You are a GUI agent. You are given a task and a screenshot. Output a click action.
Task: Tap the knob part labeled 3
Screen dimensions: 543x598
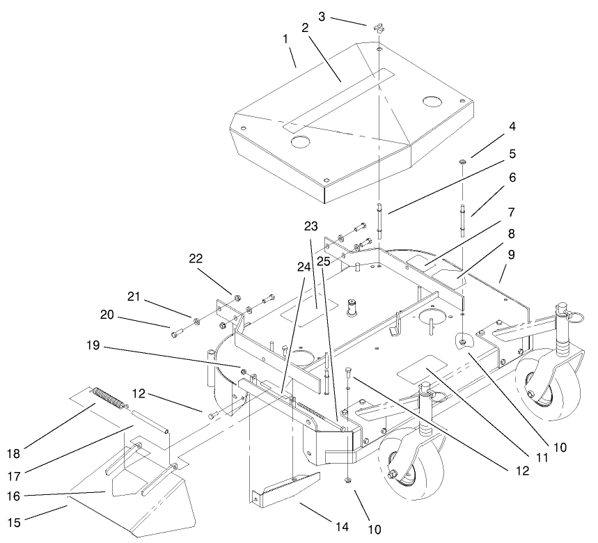point(378,29)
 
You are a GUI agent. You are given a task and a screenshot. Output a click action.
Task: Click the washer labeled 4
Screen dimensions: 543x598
point(462,163)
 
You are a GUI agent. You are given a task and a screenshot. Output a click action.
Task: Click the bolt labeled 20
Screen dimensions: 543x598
point(174,333)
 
